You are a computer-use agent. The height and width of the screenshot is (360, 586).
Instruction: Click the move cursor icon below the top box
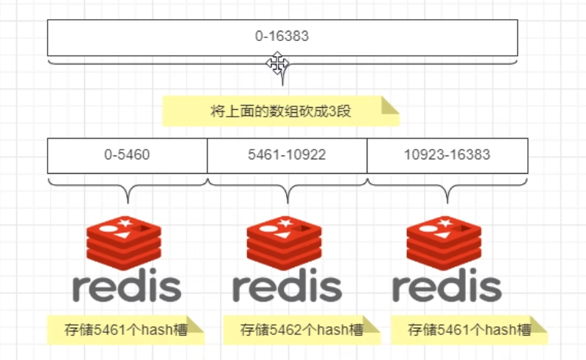coord(278,64)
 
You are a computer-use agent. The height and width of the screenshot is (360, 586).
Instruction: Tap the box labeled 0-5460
coord(127,155)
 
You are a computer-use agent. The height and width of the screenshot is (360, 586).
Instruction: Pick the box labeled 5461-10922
coord(287,155)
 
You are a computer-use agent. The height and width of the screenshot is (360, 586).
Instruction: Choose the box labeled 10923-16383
coord(447,155)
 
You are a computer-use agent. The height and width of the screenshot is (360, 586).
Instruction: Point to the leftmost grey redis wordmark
coord(127,287)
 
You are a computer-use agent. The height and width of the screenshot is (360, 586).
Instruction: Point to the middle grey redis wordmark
coord(287,287)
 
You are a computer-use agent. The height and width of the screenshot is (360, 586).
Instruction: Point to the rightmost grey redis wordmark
coord(447,287)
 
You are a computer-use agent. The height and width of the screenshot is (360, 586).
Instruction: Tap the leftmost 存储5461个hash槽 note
coord(125,330)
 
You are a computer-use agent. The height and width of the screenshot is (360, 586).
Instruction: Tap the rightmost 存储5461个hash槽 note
coord(469,330)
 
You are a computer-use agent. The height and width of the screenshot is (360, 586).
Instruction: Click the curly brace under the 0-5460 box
coord(127,187)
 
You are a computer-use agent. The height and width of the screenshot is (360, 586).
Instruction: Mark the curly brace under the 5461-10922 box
coord(287,187)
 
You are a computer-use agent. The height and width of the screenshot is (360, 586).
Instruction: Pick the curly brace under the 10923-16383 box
coord(447,187)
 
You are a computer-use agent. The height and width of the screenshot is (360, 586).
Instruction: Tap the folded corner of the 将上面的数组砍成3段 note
coord(389,106)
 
